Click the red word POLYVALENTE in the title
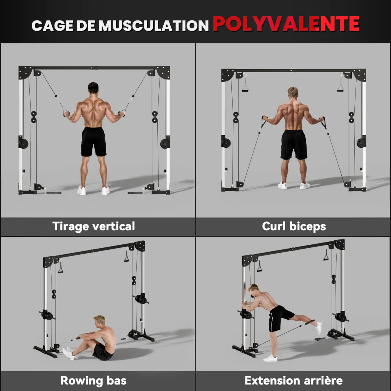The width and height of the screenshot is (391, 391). tap(286, 24)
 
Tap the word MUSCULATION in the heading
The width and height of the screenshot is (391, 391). tap(153, 26)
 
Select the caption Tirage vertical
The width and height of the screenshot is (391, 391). tap(94, 226)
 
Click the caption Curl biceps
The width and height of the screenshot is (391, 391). tap(294, 226)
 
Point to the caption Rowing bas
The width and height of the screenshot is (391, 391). tap(94, 381)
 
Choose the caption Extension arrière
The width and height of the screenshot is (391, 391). tap(294, 381)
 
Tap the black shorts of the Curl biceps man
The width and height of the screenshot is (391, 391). tap(294, 145)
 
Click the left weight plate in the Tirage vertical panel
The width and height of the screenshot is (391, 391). tap(23, 144)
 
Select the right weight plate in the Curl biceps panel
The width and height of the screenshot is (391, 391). tap(361, 143)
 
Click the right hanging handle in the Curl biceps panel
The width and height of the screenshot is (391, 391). tap(340, 83)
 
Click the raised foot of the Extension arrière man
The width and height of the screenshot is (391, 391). tap(319, 328)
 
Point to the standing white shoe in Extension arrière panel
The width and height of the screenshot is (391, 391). tap(270, 358)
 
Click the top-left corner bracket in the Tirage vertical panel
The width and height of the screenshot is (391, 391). tap(25, 72)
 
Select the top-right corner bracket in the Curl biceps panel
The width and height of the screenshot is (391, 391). tap(360, 75)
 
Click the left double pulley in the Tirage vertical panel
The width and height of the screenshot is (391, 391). tap(34, 117)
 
